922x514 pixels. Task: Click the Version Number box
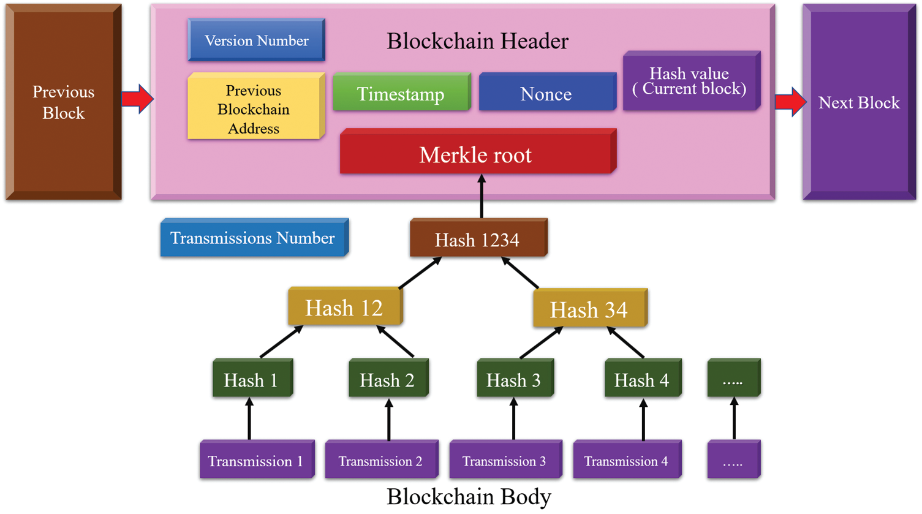256,40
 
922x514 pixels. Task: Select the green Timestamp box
401,93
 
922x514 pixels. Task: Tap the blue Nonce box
546,93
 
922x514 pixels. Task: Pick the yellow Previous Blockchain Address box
254,108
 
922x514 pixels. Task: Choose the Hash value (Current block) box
690,81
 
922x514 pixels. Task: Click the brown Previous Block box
63,102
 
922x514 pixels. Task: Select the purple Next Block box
859,102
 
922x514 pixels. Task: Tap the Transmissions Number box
252,238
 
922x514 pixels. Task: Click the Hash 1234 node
477,239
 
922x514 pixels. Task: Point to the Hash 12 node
344,308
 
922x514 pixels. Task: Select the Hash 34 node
589,309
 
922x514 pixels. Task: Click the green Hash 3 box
513,380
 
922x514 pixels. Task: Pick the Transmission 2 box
380,460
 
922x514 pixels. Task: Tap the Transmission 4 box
626,460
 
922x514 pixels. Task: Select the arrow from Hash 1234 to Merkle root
482,197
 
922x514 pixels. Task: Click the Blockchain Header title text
477,40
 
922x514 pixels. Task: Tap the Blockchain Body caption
469,496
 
